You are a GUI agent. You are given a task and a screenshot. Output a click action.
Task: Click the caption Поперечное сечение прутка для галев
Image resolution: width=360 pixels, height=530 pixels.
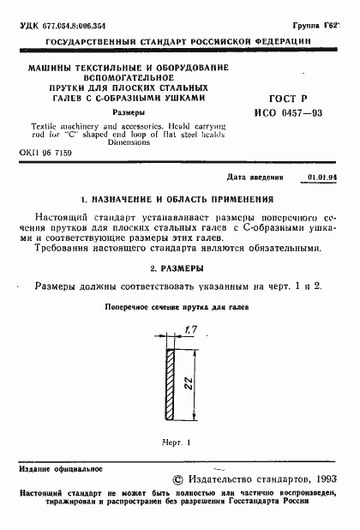(x=177, y=307)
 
